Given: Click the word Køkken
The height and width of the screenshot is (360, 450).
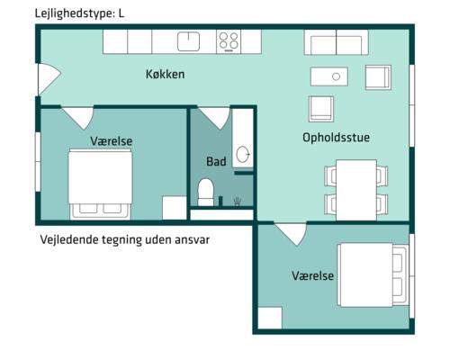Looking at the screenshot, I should [x=166, y=74].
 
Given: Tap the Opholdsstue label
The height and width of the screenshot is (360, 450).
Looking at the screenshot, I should [x=336, y=138].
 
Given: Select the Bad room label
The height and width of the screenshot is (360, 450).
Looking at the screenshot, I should [x=216, y=162].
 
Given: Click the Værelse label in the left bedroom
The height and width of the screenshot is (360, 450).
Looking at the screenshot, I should [x=111, y=141].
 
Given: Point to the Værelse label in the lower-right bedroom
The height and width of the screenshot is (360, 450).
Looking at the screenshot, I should [x=313, y=275].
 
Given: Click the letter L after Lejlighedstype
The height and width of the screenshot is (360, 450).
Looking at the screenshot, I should [x=120, y=14].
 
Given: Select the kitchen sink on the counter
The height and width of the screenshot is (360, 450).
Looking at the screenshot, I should [x=189, y=40].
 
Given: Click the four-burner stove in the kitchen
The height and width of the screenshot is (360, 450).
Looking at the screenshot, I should [x=229, y=40].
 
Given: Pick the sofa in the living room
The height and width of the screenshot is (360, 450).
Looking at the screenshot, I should [x=336, y=42].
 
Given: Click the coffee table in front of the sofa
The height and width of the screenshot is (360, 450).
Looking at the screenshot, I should [x=336, y=76].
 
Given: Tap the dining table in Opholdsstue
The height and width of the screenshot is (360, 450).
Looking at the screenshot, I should [x=355, y=189].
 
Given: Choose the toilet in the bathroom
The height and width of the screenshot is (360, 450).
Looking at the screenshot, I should [x=206, y=192].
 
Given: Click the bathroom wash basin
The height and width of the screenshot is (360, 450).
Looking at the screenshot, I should [x=243, y=155].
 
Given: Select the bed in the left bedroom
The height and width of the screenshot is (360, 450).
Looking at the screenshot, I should [x=102, y=183].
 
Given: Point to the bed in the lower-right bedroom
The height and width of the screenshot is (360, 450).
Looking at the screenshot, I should [x=373, y=274].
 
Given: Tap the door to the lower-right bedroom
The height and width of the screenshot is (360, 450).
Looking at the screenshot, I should [x=290, y=234].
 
